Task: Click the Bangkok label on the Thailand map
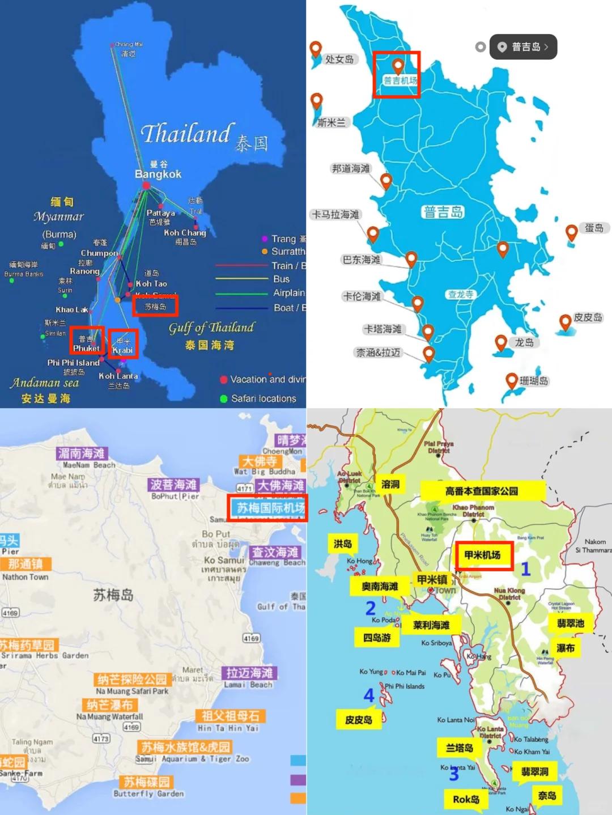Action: coord(158,174)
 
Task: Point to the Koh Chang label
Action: coord(185,233)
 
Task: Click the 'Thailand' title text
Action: coord(186,134)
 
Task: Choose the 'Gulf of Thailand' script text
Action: coord(211,328)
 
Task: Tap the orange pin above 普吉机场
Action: coord(398,66)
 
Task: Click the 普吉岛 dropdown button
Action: coord(524,47)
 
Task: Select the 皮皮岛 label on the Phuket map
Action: coord(588,317)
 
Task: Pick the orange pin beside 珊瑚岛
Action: coord(512,380)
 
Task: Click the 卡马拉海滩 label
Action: coord(336,214)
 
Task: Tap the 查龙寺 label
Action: coord(460,294)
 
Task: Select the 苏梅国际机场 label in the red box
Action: coord(270,507)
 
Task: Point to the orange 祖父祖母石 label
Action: coord(230,715)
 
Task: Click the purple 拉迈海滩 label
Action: coord(249,673)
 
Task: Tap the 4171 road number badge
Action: coord(244,488)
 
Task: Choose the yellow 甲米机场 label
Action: coord(483,555)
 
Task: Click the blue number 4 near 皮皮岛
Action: coord(369,695)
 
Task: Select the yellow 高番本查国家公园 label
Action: coord(482,491)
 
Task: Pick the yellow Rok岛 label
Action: coord(466,799)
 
